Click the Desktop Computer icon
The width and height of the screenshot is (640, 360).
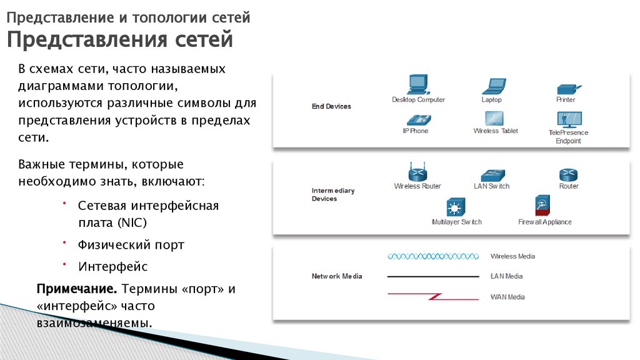tap(418, 84)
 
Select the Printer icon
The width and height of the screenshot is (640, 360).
tap(568, 89)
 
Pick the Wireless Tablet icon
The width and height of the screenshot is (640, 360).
tap(494, 118)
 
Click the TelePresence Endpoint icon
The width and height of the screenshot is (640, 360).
tap(569, 119)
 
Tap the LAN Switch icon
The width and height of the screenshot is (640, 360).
tap(492, 175)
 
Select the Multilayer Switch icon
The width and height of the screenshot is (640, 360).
tap(456, 207)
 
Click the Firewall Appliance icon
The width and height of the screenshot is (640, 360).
tap(542, 206)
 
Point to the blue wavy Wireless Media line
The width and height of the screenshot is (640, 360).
tap(433, 256)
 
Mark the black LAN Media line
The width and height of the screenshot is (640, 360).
tap(433, 276)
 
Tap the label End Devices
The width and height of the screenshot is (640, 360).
tap(331, 106)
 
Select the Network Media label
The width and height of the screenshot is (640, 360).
tap(337, 276)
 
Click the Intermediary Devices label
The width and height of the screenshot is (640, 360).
tap(332, 194)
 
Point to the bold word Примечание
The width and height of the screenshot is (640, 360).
tap(77, 289)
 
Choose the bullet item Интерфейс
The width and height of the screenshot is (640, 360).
tap(113, 266)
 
